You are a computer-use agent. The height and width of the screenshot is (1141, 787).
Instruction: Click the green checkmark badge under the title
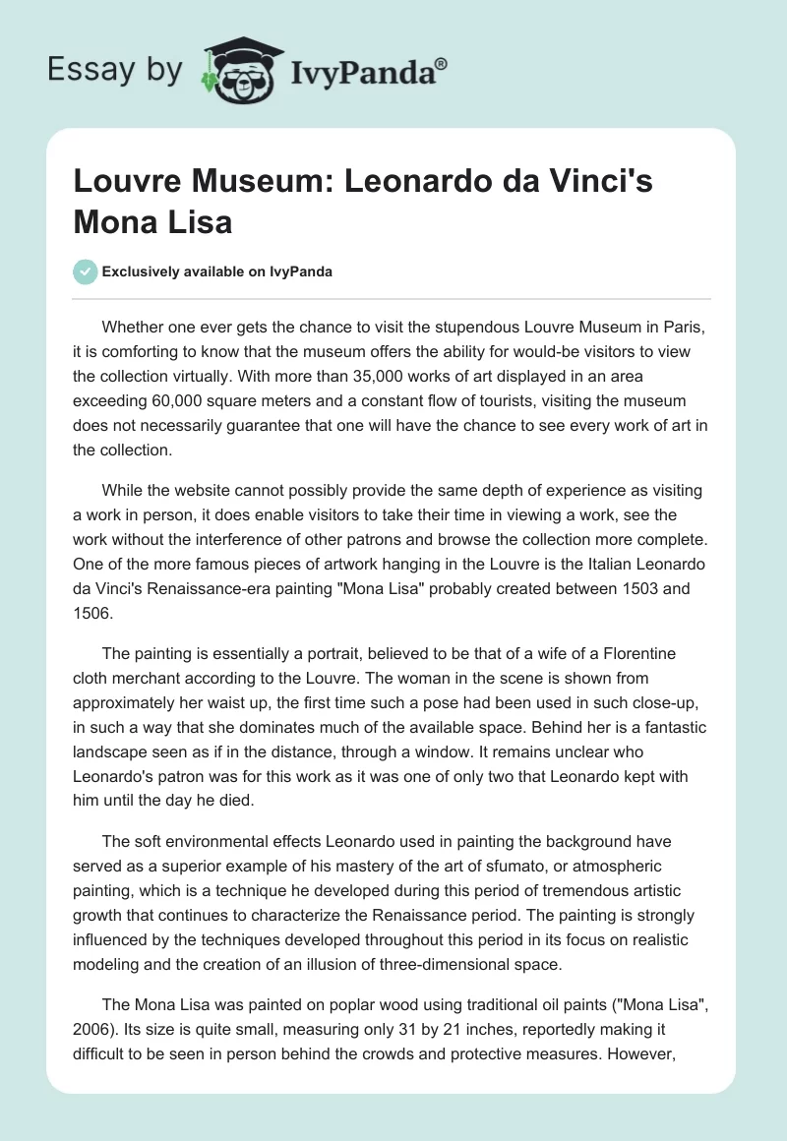[x=86, y=271]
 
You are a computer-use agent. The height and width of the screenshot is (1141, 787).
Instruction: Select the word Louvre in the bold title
[x=122, y=184]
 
